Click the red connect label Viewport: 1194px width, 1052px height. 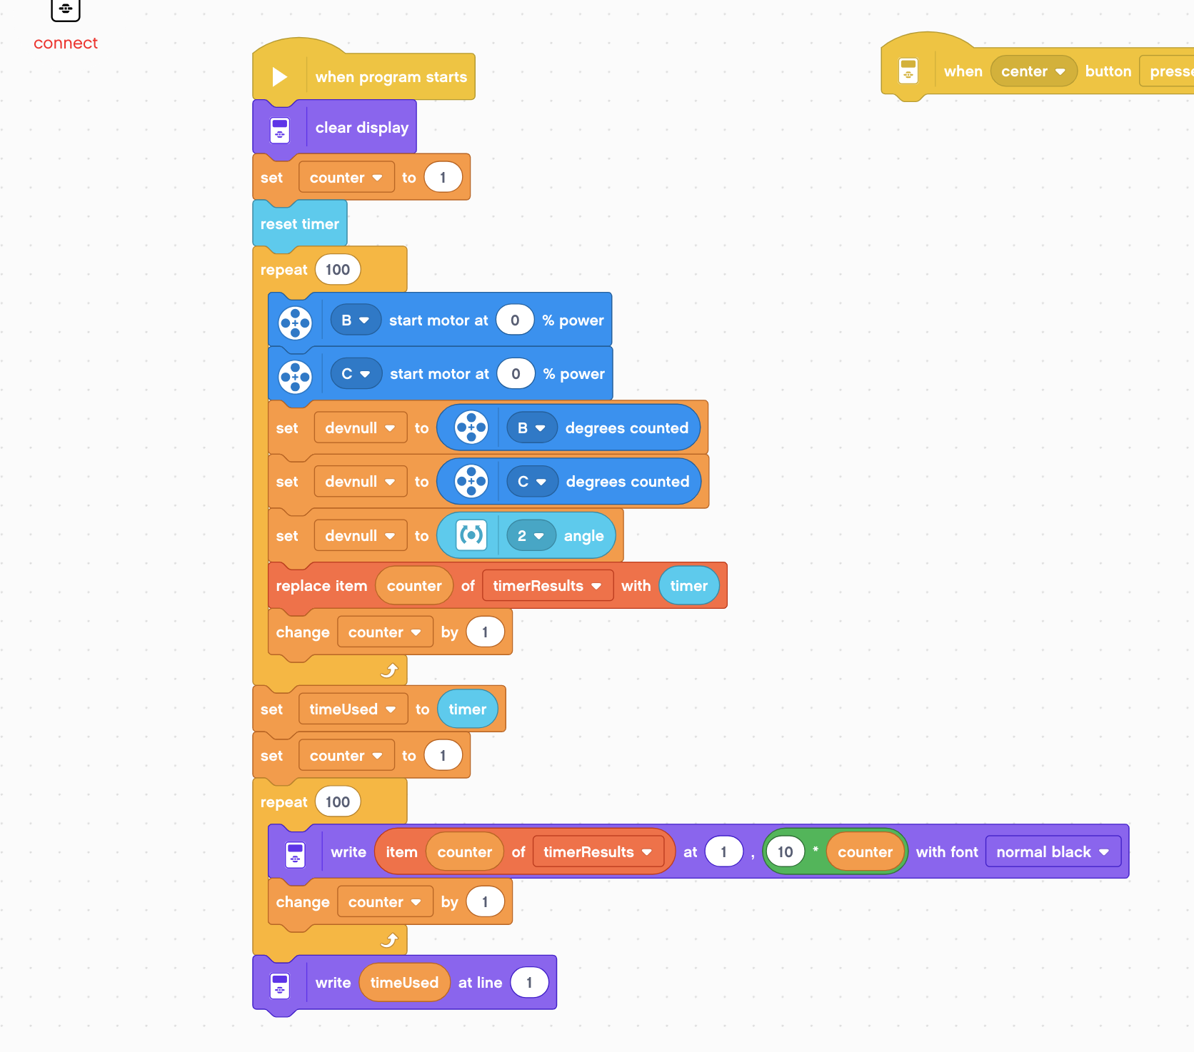[x=65, y=43]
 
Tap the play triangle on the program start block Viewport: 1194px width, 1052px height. [x=279, y=77]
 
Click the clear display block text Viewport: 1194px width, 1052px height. [x=361, y=128]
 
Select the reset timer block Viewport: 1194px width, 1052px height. [x=299, y=224]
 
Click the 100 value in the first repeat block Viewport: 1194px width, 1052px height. [x=337, y=270]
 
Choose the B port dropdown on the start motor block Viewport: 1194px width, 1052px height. [x=355, y=320]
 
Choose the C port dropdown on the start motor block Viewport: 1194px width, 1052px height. [x=356, y=374]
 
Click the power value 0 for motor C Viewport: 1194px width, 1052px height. [x=516, y=374]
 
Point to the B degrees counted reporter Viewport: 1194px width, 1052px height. [x=626, y=428]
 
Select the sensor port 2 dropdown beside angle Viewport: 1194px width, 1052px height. [x=531, y=536]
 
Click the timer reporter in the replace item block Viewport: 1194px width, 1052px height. [x=688, y=586]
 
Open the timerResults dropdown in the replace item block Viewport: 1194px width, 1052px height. [x=547, y=586]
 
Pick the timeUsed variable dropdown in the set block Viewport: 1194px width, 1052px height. [x=352, y=709]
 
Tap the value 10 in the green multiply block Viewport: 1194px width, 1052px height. [x=785, y=852]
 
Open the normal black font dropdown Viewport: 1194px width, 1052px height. [x=1053, y=852]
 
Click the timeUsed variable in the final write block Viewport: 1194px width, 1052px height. [x=404, y=983]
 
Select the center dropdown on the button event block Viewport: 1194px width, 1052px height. [x=1033, y=71]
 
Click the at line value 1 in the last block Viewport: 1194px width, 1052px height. [x=529, y=983]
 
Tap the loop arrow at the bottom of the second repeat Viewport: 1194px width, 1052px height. [x=389, y=940]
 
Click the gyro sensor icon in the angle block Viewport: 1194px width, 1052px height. [x=471, y=535]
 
